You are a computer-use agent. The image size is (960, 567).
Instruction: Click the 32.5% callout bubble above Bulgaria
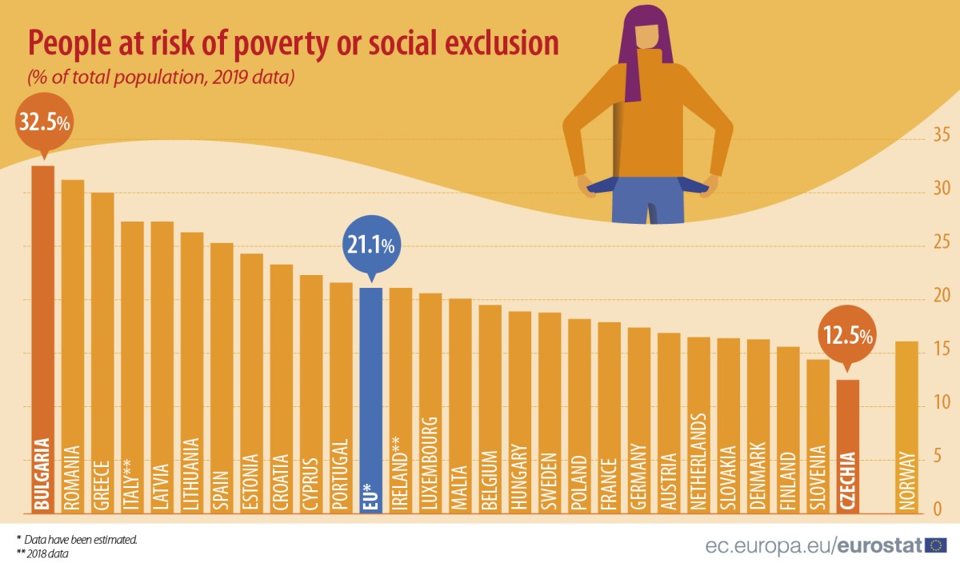(42, 125)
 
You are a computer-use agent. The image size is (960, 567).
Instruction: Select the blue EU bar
(370, 400)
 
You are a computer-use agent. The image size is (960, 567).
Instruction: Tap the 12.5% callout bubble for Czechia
(846, 337)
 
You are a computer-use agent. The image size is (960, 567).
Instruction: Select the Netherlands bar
(698, 424)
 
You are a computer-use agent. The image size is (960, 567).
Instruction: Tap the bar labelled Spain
(222, 377)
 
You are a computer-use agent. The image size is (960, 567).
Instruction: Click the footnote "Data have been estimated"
(80, 540)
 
